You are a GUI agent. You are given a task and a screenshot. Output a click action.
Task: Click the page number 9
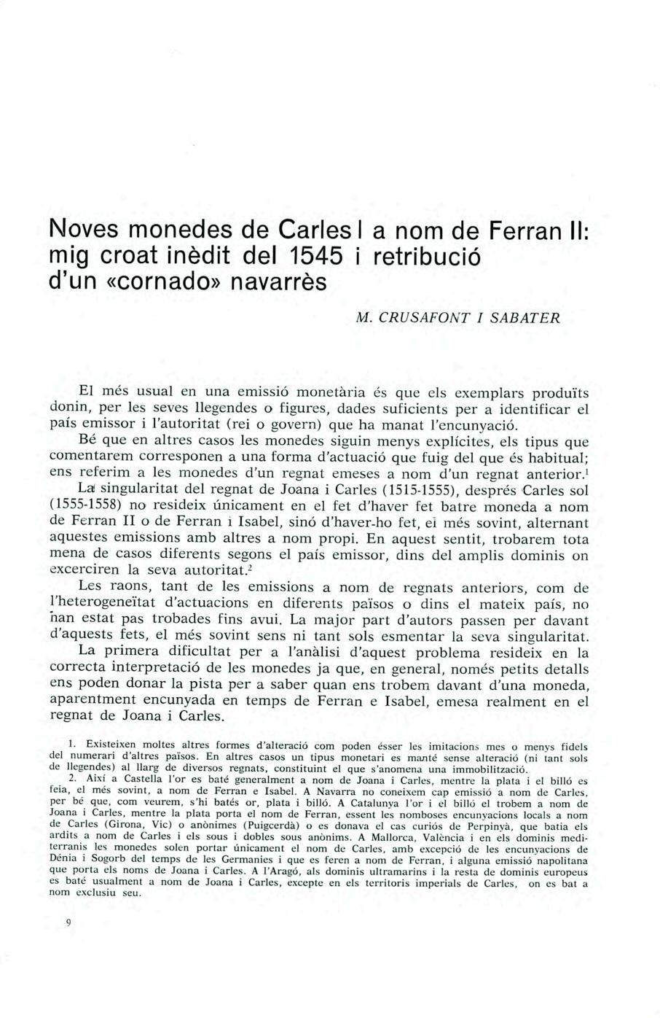[68, 922]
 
